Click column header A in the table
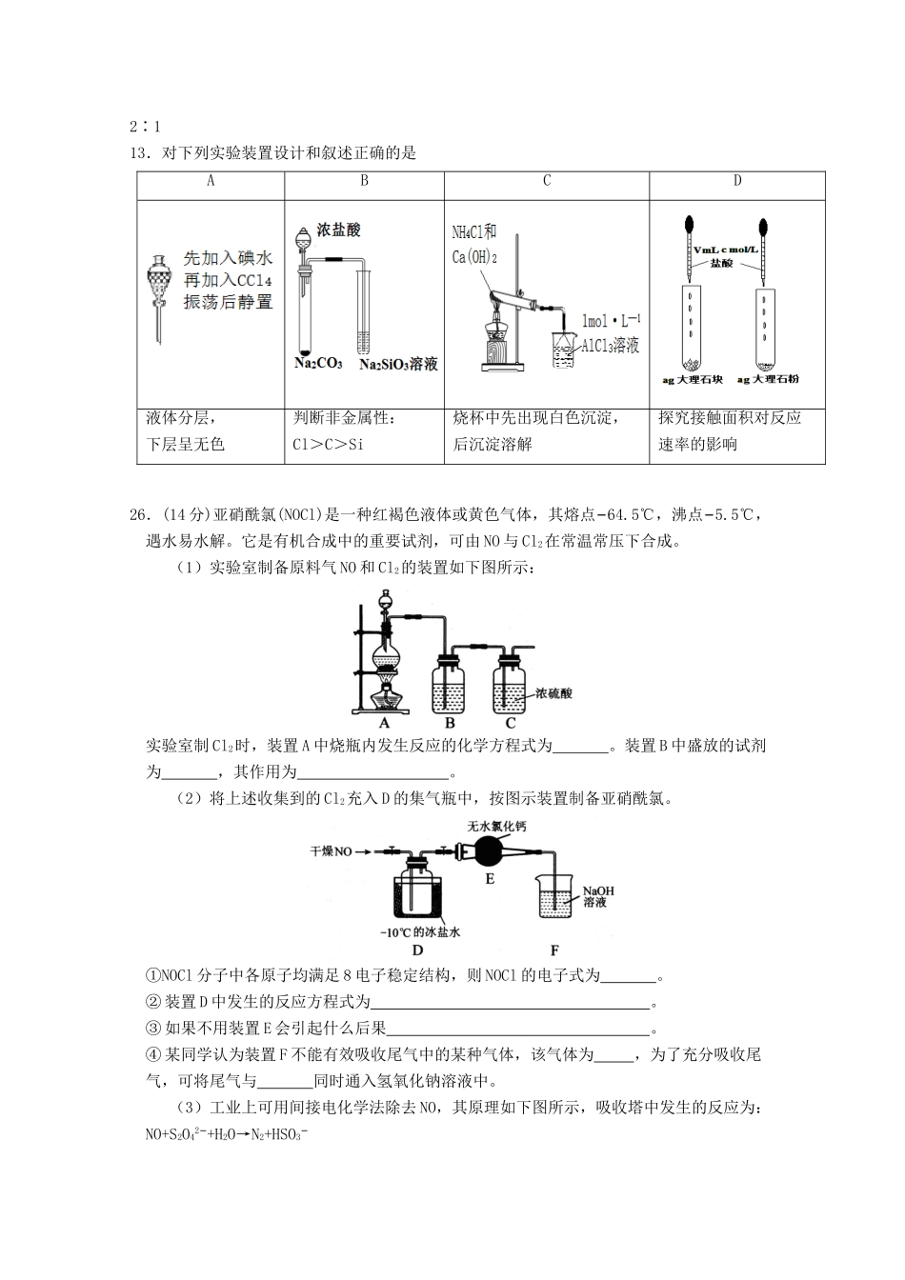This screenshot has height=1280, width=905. point(211,181)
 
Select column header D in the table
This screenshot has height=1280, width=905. point(736,181)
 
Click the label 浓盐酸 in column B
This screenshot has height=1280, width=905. point(338,230)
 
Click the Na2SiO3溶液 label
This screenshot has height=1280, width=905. point(398,365)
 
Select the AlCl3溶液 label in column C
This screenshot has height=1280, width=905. point(611,345)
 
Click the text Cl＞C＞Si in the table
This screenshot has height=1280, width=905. point(329,445)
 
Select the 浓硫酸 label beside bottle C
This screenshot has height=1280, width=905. point(554,694)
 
